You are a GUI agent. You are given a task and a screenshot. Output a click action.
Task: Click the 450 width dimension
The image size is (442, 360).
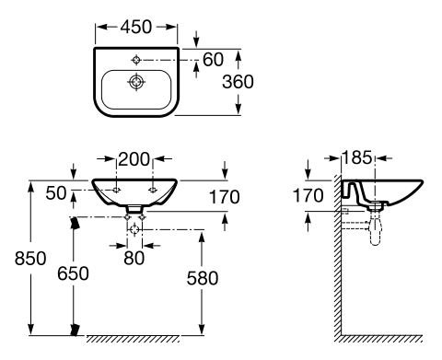tap(136, 27)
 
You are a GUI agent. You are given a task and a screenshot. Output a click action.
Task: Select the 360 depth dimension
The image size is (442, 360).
tap(238, 82)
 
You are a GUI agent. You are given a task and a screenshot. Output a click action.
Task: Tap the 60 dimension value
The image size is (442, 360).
tap(213, 59)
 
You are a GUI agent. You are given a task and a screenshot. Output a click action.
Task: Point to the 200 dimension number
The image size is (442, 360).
tap(134, 159)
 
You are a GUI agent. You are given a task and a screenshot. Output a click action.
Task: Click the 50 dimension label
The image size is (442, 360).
tap(56, 193)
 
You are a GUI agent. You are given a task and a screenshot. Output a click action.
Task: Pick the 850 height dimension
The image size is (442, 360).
tap(30, 258)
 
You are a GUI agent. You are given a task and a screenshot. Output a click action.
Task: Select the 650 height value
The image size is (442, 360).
tap(73, 273)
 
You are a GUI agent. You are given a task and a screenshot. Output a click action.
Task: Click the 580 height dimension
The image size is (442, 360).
tap(203, 278)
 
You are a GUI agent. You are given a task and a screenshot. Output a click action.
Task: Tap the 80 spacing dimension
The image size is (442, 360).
tap(134, 258)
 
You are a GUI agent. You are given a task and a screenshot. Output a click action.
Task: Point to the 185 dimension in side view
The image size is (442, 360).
tap(357, 157)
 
